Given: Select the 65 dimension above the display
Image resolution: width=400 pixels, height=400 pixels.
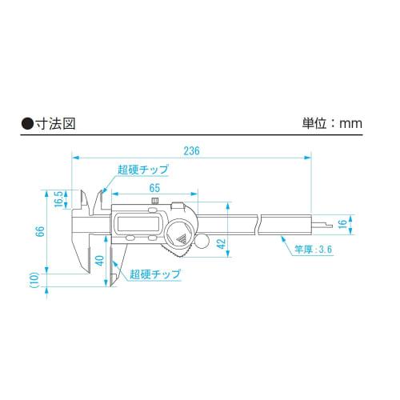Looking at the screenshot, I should [x=154, y=187].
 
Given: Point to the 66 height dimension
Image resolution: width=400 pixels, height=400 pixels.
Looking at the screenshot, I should [x=39, y=231].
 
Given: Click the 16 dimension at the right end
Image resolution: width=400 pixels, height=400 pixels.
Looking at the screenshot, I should [x=342, y=225].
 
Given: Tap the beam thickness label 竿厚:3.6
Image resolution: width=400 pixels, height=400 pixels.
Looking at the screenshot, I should [x=312, y=250].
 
